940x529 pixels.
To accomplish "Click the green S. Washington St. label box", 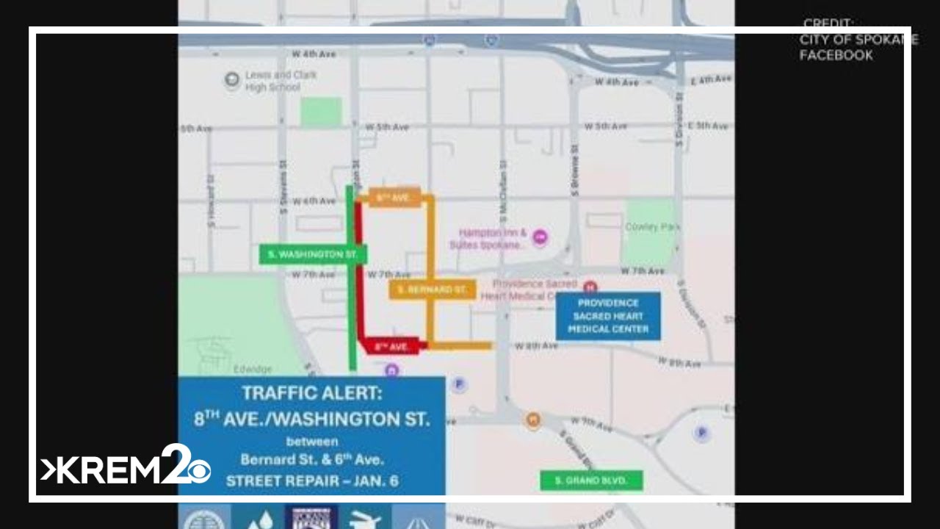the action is tap(312, 254).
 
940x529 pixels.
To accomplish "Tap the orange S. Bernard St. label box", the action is tap(432, 289).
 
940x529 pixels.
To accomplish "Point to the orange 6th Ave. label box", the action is tap(394, 198).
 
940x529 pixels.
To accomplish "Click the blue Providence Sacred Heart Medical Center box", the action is tap(607, 316).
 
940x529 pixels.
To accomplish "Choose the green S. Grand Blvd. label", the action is tap(591, 481).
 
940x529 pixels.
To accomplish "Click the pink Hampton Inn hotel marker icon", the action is tap(540, 237).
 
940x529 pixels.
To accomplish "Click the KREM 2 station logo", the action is tap(126, 468).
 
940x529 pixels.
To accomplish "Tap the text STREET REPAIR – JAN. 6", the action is tap(311, 481).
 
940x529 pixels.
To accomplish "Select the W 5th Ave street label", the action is tap(392, 127).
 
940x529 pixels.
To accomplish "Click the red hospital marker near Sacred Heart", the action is tap(590, 287).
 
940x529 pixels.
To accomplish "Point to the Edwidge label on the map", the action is tap(253, 369).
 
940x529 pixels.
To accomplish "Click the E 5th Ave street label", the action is tap(709, 126).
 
